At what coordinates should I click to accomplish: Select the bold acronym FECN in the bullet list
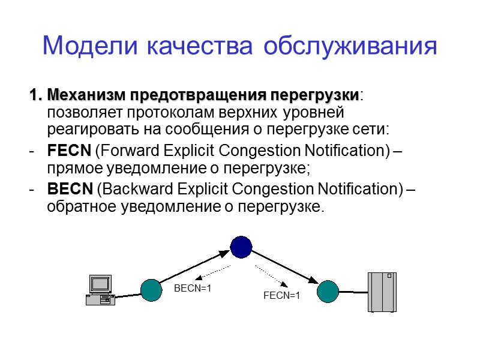tap(69, 150)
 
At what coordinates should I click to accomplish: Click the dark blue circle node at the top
tap(241, 245)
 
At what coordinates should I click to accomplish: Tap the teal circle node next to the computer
tap(151, 290)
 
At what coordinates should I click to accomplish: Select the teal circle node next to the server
tap(328, 291)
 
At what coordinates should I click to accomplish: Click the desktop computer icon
tap(100, 290)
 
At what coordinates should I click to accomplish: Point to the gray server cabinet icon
tap(382, 292)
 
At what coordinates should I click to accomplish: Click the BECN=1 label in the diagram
tap(193, 289)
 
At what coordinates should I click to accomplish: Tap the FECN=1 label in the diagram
tap(281, 295)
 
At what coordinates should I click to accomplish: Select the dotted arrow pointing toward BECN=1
tap(214, 271)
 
